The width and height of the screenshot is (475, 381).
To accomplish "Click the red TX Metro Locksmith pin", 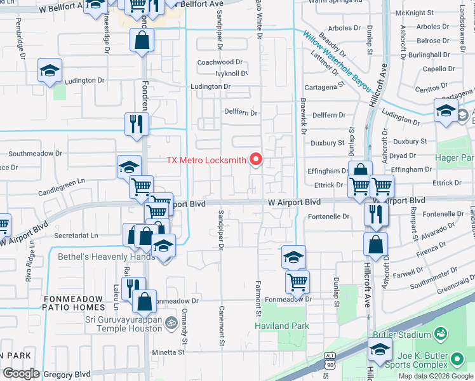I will tap(257, 159).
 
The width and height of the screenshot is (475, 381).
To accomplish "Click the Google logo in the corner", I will tap(21, 373).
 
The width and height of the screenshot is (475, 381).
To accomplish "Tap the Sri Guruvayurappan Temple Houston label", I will tap(124, 324).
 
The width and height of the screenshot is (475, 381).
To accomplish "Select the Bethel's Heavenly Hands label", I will tap(106, 257).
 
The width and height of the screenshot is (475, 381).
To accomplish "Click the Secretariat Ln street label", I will tap(76, 234).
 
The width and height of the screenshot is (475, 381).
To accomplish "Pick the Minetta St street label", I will tap(168, 351).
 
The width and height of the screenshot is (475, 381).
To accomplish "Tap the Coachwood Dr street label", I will tap(220, 62).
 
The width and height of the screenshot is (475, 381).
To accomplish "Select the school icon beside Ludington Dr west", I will tap(49, 72).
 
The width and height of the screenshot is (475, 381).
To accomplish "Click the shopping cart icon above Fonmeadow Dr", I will tap(297, 281).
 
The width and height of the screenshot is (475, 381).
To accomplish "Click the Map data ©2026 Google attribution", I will tap(436, 376).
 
